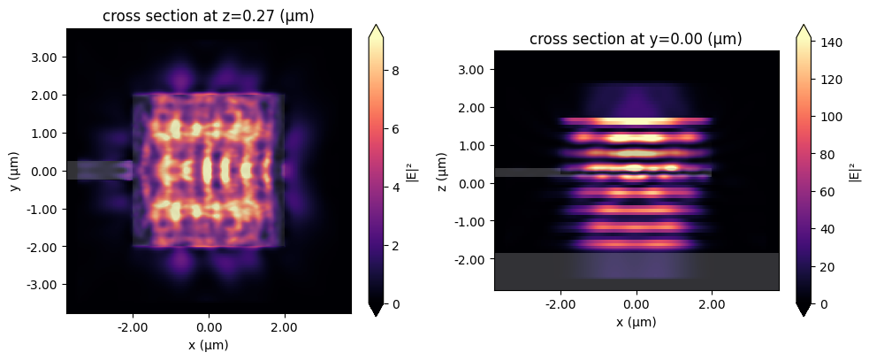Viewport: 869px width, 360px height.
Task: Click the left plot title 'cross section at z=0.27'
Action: coord(209,17)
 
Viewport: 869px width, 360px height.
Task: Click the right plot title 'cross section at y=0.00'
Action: coord(636,39)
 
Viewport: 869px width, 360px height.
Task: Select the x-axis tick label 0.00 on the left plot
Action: coord(209,326)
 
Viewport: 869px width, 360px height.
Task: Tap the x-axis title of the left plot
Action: coord(209,344)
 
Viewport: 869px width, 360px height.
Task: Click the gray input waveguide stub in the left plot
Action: coord(99,170)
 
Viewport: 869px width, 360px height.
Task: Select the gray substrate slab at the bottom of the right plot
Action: coord(636,271)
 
